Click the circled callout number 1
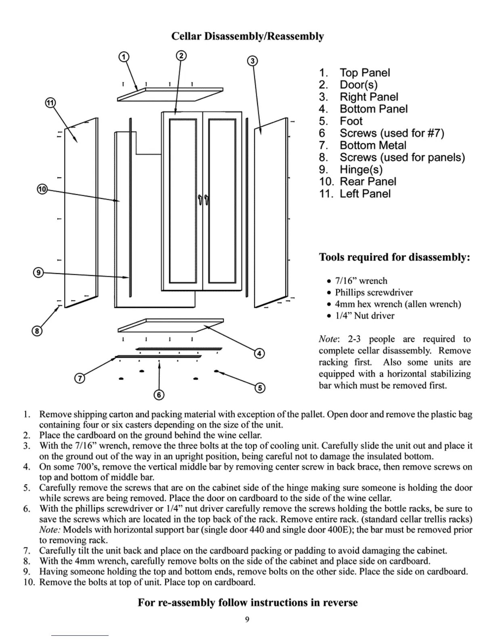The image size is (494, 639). [124, 56]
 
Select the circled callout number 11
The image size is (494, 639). [50, 103]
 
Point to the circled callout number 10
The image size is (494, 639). [42, 189]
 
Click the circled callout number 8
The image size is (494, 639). [37, 331]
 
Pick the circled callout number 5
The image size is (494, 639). [260, 388]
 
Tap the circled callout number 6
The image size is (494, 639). [159, 395]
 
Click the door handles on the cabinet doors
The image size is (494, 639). [203, 200]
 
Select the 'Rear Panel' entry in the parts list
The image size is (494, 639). [368, 182]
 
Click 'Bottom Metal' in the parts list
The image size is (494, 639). [373, 145]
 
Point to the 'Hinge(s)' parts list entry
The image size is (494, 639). [361, 169]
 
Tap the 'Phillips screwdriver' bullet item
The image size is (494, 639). [374, 292]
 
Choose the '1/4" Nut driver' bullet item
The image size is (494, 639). [364, 316]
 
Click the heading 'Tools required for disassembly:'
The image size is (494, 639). [394, 257]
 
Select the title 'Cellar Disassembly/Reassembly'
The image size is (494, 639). [247, 36]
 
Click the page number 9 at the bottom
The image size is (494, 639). [247, 620]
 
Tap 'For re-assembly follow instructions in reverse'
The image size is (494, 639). [247, 603]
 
